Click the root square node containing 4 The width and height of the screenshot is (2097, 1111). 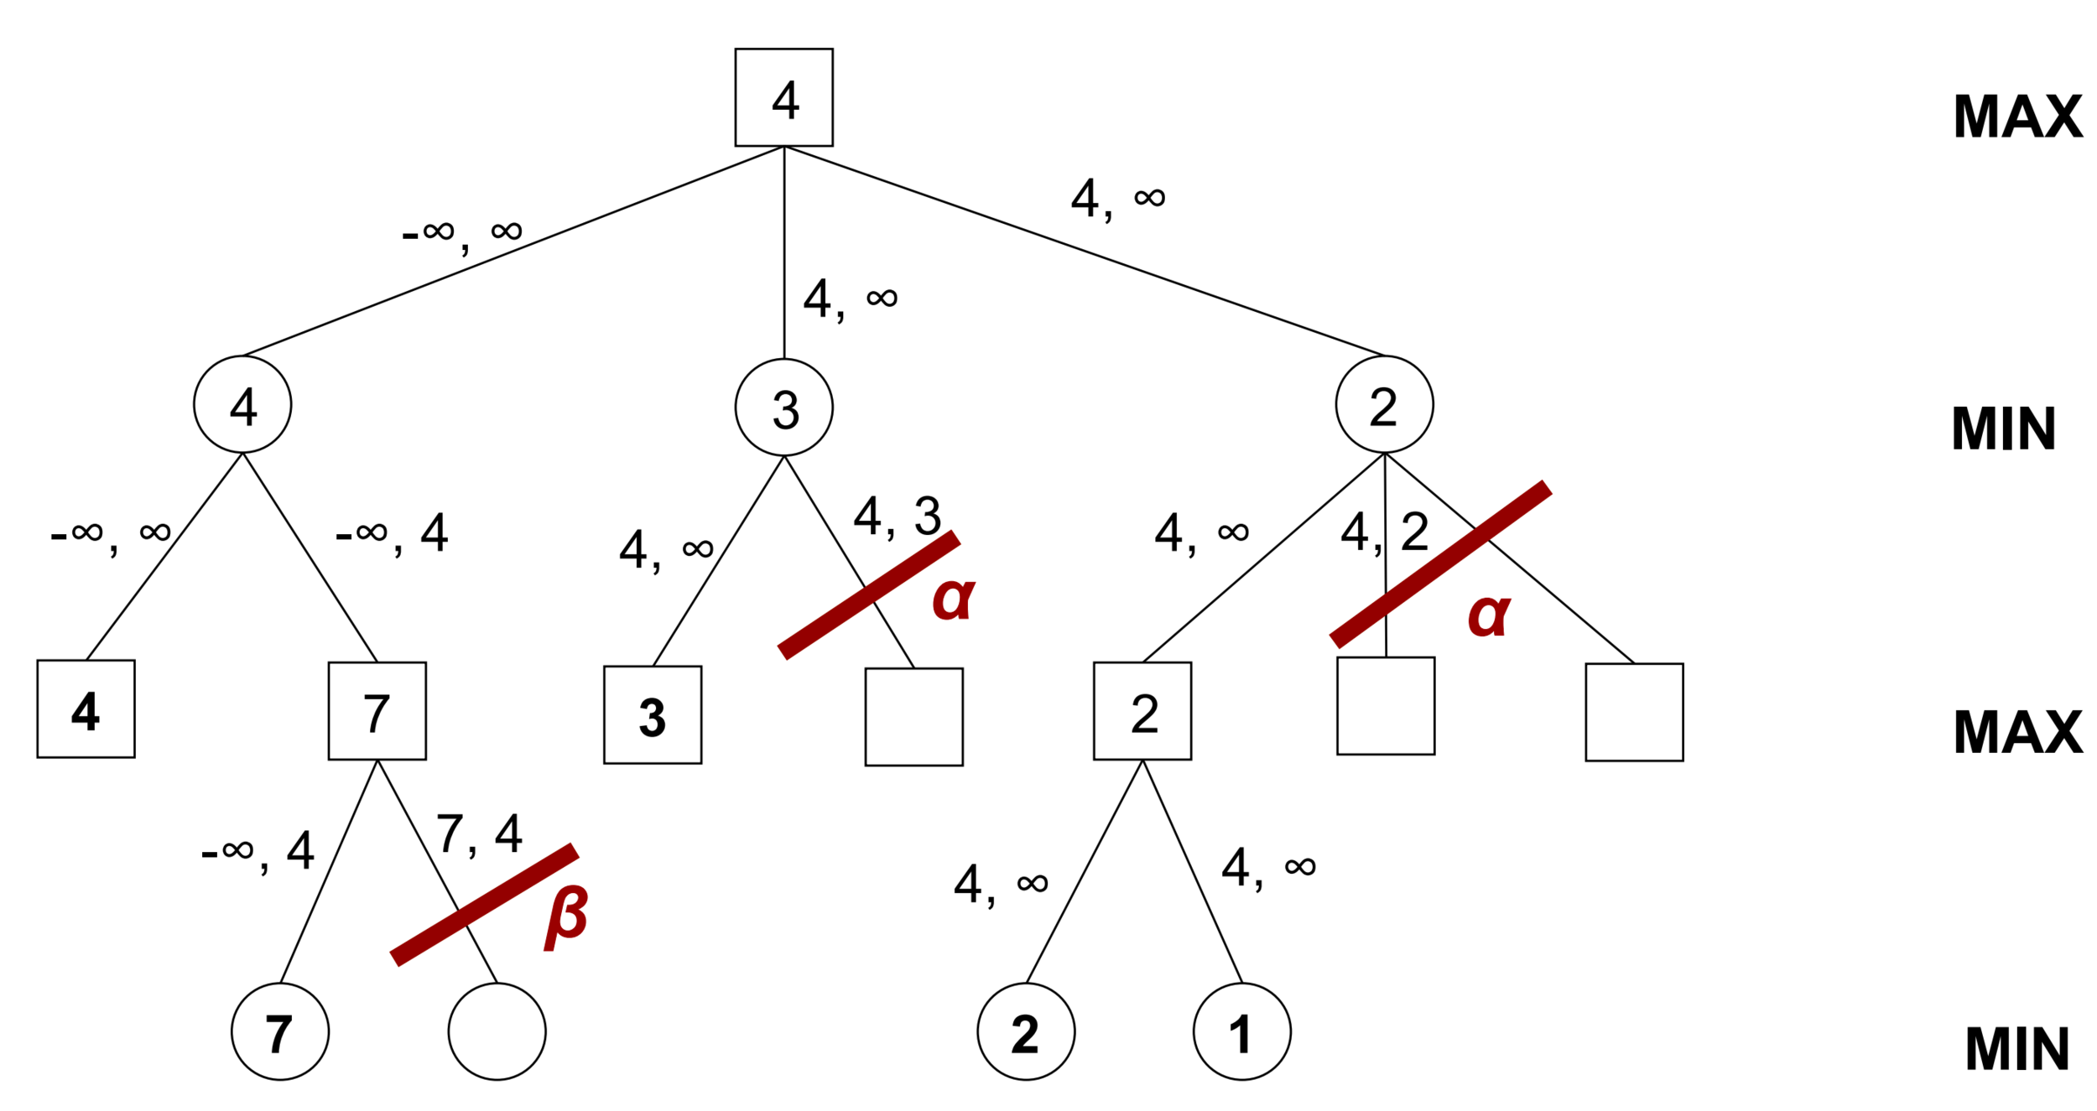[x=783, y=97]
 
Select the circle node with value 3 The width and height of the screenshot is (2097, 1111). [x=783, y=408]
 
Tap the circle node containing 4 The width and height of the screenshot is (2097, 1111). [x=242, y=404]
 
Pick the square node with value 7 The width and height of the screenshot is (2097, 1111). [x=377, y=711]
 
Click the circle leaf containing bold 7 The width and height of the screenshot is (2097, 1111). [x=280, y=1031]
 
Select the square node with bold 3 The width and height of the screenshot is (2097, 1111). [x=653, y=714]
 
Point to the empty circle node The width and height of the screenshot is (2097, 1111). [x=497, y=1031]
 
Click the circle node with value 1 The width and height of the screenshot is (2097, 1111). [x=1241, y=1031]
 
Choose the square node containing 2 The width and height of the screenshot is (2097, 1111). [x=1142, y=711]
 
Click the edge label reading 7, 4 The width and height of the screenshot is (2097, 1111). [x=479, y=834]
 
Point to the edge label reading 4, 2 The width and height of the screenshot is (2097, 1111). [x=1384, y=532]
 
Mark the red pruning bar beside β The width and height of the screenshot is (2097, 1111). [x=484, y=905]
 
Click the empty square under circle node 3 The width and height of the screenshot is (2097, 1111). [x=913, y=717]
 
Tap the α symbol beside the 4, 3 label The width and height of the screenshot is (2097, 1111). [x=954, y=598]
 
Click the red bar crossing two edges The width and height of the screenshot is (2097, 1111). [x=1440, y=564]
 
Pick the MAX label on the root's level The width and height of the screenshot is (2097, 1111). [x=2017, y=117]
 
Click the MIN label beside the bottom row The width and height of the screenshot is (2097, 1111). [x=2017, y=1049]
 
